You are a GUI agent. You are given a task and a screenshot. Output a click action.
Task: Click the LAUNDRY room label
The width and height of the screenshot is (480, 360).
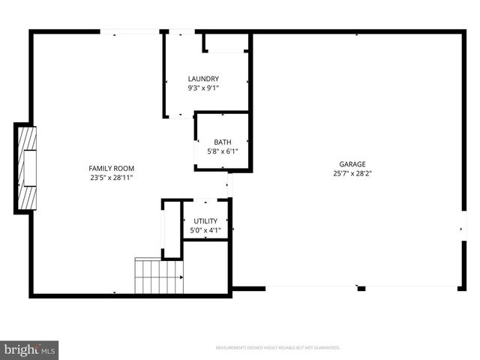point(203,79)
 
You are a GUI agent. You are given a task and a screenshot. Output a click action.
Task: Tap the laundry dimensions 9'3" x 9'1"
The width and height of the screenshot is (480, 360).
point(203,88)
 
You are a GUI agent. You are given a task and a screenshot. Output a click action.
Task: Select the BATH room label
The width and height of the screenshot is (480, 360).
point(222,142)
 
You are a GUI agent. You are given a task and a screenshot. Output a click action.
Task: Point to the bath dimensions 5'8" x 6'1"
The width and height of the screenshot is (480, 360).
point(222,151)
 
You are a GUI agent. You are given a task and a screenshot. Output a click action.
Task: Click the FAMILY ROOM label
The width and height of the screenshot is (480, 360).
point(112,168)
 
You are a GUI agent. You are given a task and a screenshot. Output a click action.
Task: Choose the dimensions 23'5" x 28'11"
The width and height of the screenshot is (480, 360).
point(112,178)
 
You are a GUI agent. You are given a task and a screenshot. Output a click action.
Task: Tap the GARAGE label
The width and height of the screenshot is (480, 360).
point(352,163)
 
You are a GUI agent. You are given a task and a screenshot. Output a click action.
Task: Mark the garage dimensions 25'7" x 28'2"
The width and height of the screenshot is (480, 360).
point(352,173)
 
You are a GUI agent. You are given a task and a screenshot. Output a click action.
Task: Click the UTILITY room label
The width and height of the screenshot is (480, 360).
point(205,220)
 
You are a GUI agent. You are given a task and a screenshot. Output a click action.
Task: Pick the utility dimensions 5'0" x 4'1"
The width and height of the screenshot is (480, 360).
point(205,230)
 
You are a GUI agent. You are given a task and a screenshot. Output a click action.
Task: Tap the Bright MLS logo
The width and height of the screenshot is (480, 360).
point(29,349)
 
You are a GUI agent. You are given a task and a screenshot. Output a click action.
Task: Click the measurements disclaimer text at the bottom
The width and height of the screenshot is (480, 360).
point(277,348)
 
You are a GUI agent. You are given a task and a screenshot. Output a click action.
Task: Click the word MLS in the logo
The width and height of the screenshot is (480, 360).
point(48,350)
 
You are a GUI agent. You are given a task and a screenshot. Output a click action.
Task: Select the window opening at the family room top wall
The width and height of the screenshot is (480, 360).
point(130,31)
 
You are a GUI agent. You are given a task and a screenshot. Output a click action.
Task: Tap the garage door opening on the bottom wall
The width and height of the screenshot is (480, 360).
point(311,287)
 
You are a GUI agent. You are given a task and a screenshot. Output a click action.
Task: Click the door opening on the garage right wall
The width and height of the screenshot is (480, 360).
point(463,227)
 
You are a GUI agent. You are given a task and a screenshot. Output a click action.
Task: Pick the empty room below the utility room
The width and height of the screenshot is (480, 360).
point(205,266)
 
